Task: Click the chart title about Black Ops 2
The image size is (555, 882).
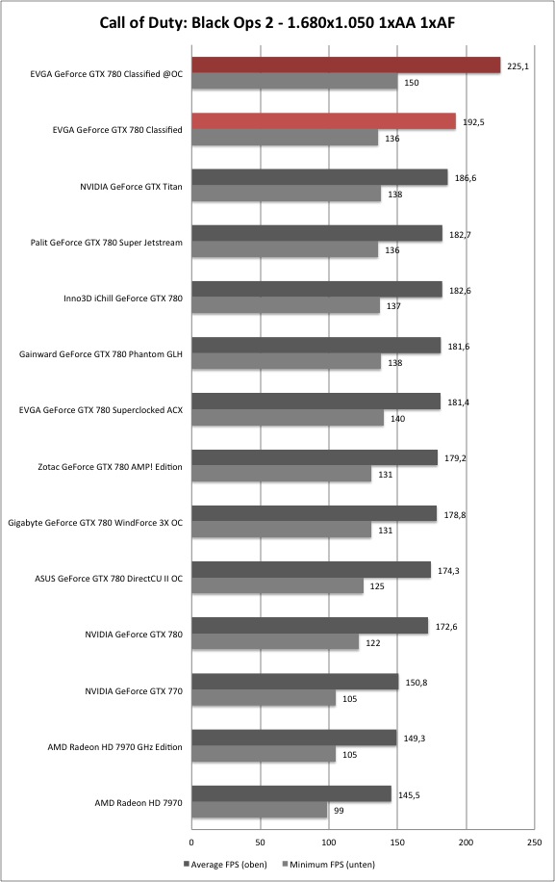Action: point(277,22)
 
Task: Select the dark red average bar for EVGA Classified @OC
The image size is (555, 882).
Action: point(346,65)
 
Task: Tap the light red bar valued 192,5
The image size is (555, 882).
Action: point(323,121)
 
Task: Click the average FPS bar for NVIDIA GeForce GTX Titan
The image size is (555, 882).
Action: point(319,177)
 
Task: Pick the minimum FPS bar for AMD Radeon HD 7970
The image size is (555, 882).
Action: point(260,810)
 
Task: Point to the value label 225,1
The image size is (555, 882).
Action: point(517,66)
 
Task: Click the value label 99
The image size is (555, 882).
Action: point(339,811)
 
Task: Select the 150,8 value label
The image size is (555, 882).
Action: point(416,683)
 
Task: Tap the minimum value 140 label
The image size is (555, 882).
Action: point(397,419)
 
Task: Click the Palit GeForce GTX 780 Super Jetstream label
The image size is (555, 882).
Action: point(106,243)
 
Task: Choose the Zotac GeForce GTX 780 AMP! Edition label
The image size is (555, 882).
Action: point(110,467)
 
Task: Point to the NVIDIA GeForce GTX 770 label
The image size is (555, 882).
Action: point(134,690)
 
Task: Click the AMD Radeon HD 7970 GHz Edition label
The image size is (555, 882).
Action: point(114,747)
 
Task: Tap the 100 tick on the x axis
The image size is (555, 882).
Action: point(329,843)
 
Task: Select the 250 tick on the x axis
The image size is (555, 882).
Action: point(535,843)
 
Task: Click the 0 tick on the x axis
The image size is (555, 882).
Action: point(191,843)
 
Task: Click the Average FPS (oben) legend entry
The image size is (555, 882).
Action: point(225,865)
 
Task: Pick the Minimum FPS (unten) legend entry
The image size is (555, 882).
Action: point(328,865)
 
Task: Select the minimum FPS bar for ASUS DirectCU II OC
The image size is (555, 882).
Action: point(277,586)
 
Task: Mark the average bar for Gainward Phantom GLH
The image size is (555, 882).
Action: point(316,346)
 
